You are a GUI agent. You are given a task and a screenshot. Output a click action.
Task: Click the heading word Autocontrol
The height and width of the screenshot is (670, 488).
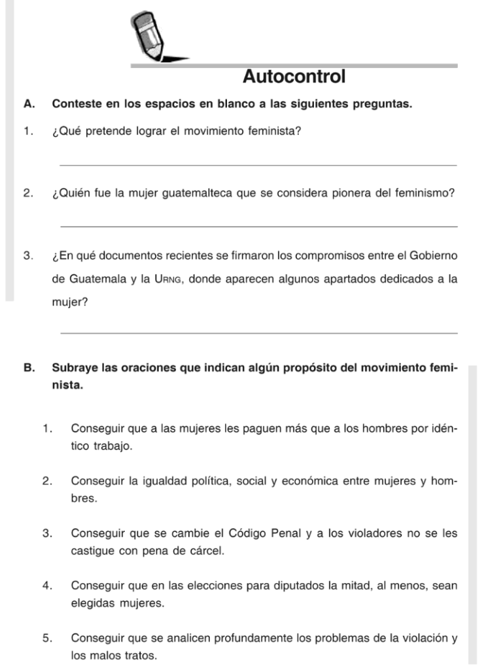[294, 77]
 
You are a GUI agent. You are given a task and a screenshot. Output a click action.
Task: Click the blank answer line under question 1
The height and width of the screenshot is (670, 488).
[258, 166]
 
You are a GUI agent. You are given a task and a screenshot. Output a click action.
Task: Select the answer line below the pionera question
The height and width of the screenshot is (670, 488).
[258, 226]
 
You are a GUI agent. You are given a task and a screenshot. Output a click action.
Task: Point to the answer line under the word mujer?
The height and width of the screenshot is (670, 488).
[258, 334]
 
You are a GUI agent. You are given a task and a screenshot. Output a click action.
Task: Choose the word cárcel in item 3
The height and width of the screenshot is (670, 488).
[207, 550]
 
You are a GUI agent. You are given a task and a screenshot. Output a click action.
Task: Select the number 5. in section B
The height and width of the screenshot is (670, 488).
[47, 637]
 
